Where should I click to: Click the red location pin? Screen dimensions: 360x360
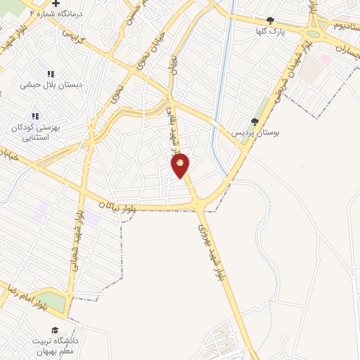click(x=181, y=165)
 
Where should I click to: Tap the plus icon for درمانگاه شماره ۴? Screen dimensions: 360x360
click(x=56, y=4)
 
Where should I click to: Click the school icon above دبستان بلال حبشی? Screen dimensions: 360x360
click(x=51, y=74)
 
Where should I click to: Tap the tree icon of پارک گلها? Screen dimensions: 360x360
click(x=270, y=20)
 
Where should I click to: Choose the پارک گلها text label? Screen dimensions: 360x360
click(x=271, y=32)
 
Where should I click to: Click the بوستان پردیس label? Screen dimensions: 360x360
click(x=255, y=132)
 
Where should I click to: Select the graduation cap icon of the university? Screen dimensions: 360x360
click(x=54, y=330)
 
